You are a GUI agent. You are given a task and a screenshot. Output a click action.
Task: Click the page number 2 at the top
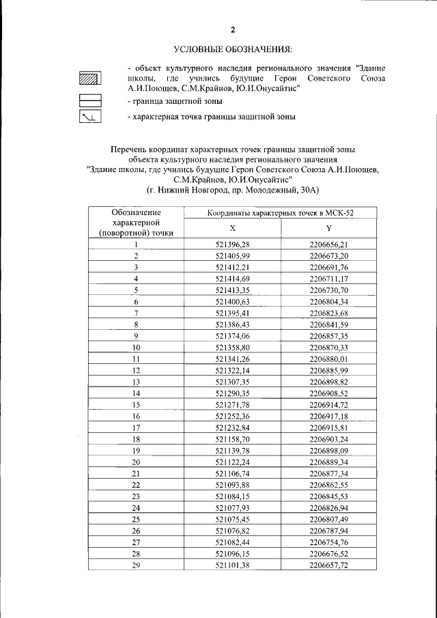tap(232, 29)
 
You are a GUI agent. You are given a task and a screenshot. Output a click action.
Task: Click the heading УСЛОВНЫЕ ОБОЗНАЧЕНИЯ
tap(232, 49)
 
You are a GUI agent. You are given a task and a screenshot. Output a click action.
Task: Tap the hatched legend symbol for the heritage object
tap(90, 78)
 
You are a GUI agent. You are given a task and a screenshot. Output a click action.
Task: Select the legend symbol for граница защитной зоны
tap(90, 100)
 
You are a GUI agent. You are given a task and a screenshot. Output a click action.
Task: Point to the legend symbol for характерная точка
tap(90, 117)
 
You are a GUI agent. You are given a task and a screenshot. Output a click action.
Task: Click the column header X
tap(232, 228)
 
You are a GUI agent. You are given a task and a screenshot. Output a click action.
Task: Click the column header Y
tap(328, 228)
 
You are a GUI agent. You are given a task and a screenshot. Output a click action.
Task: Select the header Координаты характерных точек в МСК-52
tap(281, 213)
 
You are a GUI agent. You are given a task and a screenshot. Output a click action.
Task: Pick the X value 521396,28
tap(232, 244)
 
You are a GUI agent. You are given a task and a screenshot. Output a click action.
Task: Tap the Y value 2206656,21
tap(328, 244)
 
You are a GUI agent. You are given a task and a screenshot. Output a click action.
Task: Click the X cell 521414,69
tap(232, 279)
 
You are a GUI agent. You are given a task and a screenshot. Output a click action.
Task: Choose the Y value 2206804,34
tap(328, 301)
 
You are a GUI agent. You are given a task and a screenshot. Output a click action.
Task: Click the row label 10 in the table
tap(136, 347)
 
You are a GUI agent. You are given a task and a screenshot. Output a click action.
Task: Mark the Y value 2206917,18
tap(328, 416)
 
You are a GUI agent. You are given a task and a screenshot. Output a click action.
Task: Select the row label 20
tap(136, 462)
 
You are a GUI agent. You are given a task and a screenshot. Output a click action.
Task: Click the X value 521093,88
tap(232, 485)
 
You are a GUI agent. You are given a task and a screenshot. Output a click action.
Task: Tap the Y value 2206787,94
tap(328, 531)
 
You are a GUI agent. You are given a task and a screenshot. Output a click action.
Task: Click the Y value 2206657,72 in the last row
tap(328, 565)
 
